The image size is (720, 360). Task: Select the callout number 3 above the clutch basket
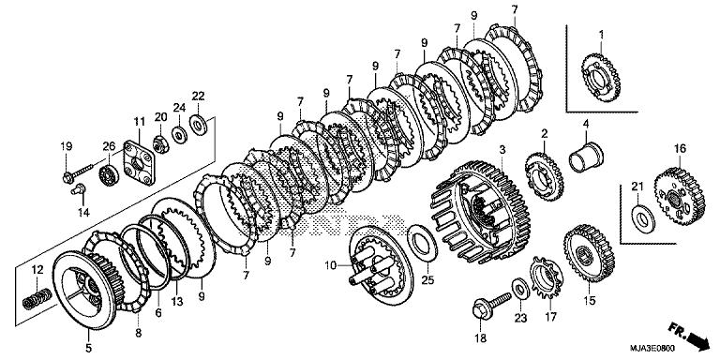[502, 150]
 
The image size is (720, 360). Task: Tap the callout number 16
[681, 147]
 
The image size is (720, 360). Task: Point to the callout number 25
[428, 279]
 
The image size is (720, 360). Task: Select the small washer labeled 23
[518, 284]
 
